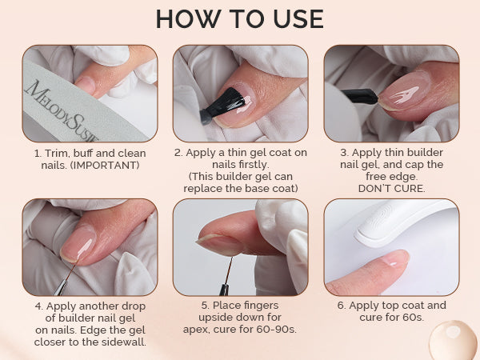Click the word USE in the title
298,19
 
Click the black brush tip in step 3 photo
360,96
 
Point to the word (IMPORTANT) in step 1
105,166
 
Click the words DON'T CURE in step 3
391,188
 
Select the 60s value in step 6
414,317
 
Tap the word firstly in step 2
241,165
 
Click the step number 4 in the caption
38,306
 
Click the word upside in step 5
215,318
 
